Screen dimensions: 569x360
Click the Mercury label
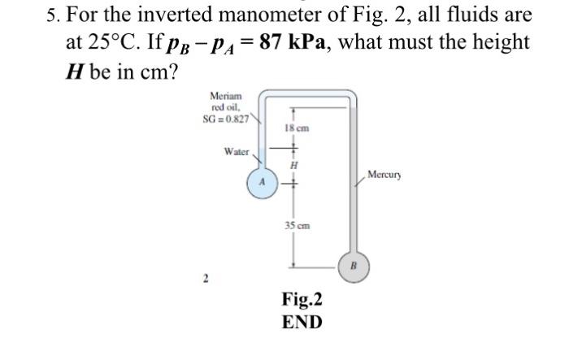point(384,175)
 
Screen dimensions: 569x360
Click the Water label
point(237,151)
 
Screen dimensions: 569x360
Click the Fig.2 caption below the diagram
point(301,299)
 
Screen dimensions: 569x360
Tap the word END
point(301,322)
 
